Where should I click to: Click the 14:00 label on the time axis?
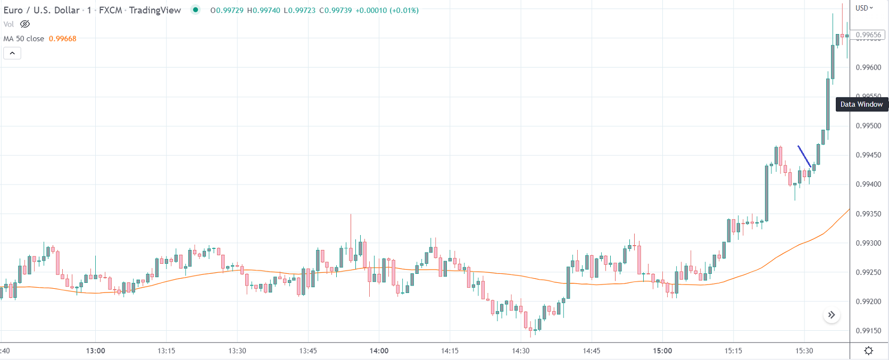click(379, 351)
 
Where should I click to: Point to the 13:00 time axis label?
click(96, 351)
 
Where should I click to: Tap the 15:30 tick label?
click(804, 351)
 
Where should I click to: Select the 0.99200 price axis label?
click(868, 302)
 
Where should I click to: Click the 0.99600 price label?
click(868, 68)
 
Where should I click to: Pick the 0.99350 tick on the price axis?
click(868, 214)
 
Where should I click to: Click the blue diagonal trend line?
click(804, 156)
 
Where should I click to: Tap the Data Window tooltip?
click(861, 104)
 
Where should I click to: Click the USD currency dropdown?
click(864, 8)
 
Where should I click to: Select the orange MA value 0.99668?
click(62, 39)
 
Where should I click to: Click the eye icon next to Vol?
click(25, 24)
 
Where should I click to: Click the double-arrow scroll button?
click(832, 315)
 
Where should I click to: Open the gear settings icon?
click(869, 350)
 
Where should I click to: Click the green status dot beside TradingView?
click(196, 10)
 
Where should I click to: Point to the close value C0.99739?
click(336, 10)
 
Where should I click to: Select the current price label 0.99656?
click(868, 35)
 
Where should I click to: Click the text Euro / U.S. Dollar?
click(41, 10)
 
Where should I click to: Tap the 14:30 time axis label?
click(520, 351)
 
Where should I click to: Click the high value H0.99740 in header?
click(263, 10)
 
